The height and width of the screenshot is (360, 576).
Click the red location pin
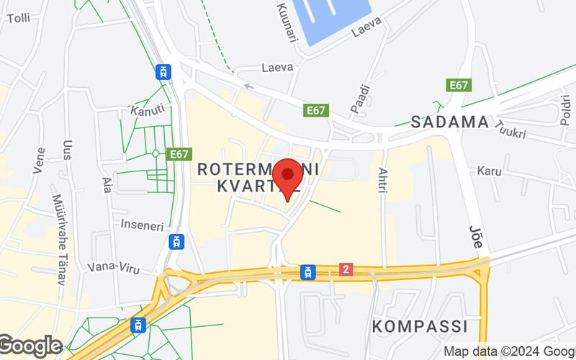point(289,175)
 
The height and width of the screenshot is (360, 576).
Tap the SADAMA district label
point(449,122)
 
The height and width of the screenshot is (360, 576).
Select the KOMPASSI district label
point(420,325)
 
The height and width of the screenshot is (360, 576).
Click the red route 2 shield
point(346,269)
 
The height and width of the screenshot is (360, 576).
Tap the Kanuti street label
point(148,110)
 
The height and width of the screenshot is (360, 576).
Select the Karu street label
point(489,171)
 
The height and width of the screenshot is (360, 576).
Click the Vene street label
point(40,161)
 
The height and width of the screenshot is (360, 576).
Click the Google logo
point(30,346)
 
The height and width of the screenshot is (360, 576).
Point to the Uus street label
point(68,156)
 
